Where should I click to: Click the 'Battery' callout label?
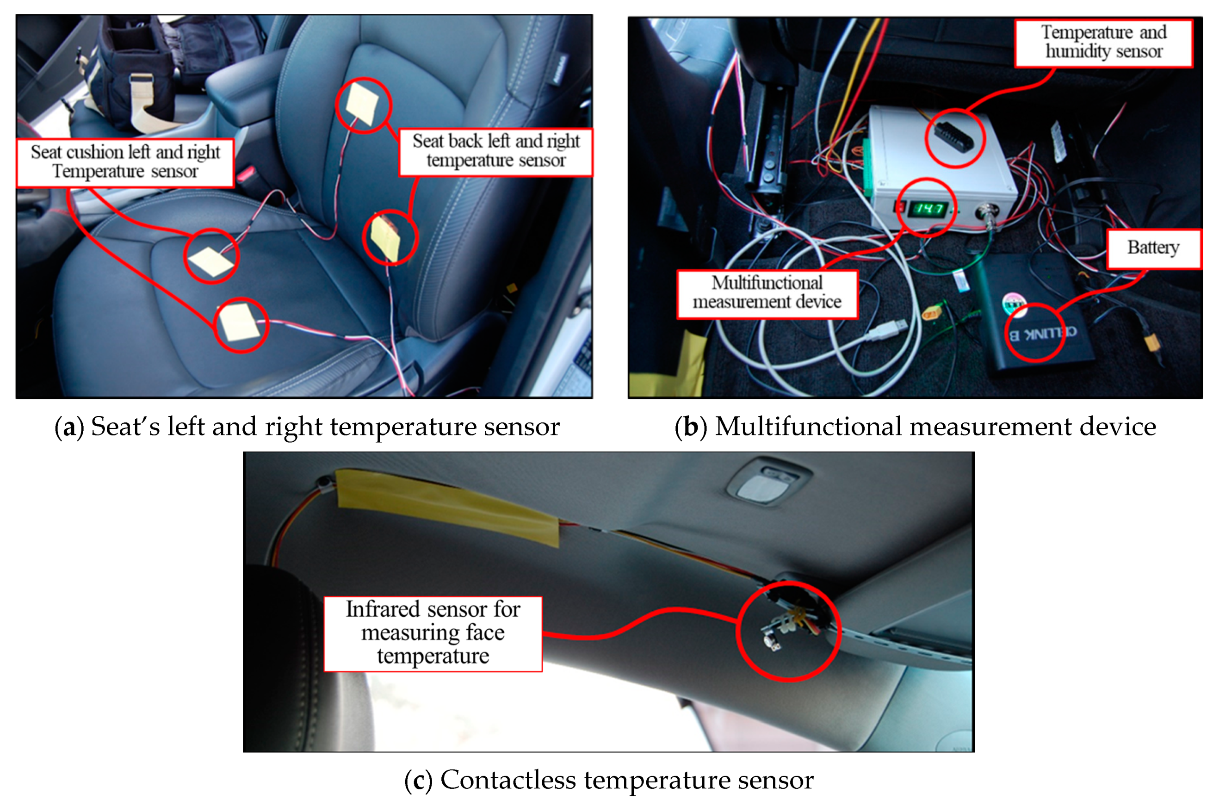pyautogui.click(x=1153, y=248)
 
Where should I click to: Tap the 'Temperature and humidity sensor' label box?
pyautogui.click(x=1103, y=43)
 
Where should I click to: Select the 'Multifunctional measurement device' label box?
pyautogui.click(x=767, y=294)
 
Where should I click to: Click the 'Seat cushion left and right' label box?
pyautogui.click(x=125, y=162)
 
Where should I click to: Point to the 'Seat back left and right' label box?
pyautogui.click(x=495, y=152)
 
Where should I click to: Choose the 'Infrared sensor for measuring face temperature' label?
pyautogui.click(x=433, y=634)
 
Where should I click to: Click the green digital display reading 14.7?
pyautogui.click(x=928, y=209)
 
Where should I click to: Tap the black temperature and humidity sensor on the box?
pyautogui.click(x=954, y=137)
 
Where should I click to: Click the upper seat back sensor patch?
pyautogui.click(x=362, y=103)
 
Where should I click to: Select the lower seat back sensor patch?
pyautogui.click(x=386, y=237)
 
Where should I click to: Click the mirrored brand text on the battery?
pyautogui.click(x=1042, y=333)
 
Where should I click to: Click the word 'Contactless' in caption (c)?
pyautogui.click(x=508, y=780)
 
